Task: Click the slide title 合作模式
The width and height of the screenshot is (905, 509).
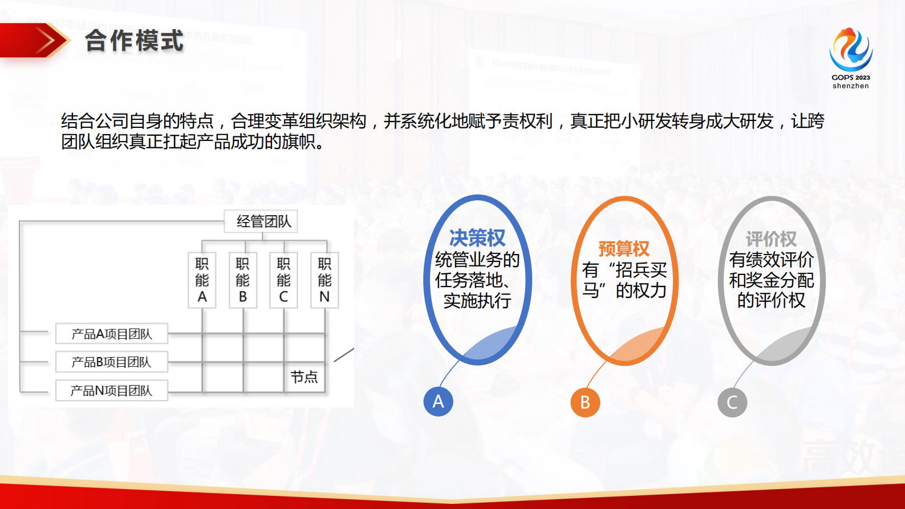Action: [135, 41]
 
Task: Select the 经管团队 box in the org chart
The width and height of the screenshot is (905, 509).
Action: [263, 221]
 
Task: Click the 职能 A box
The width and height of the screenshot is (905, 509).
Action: [202, 280]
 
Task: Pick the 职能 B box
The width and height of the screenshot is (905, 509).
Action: [243, 280]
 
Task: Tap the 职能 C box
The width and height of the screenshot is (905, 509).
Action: [283, 280]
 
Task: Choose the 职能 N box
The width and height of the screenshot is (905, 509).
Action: [324, 280]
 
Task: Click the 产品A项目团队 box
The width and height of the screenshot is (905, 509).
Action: [112, 334]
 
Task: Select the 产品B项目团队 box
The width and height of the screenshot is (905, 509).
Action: [112, 362]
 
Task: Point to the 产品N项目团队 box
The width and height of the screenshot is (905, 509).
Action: [112, 390]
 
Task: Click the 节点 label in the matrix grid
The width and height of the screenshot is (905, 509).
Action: [304, 377]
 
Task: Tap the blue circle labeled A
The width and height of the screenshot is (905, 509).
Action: [438, 401]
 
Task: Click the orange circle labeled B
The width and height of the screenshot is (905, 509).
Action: [585, 402]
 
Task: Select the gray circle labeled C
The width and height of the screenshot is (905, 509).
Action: [732, 402]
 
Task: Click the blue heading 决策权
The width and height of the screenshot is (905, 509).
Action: [477, 237]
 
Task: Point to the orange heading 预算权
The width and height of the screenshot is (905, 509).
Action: [624, 249]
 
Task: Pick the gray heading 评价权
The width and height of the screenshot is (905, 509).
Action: [771, 239]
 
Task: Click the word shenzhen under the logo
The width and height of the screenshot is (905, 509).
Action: [850, 86]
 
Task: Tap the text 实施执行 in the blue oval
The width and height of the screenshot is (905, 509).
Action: [477, 301]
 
